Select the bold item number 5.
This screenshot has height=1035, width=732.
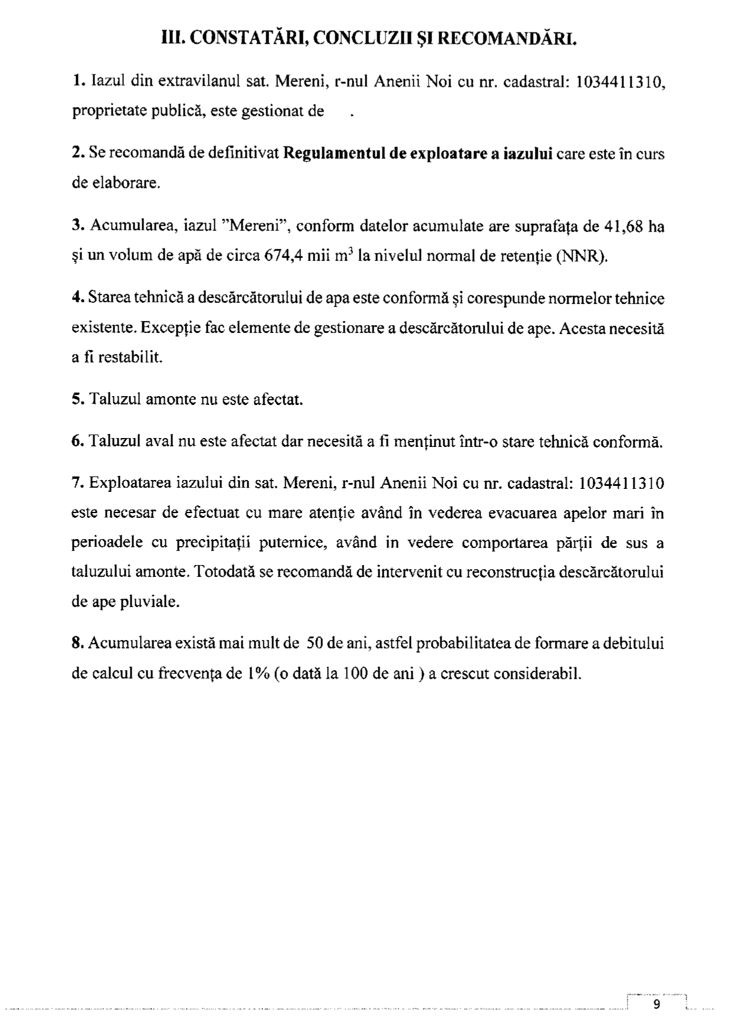77,400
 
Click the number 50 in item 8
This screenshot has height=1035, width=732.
314,644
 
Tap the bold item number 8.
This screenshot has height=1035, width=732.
77,644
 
